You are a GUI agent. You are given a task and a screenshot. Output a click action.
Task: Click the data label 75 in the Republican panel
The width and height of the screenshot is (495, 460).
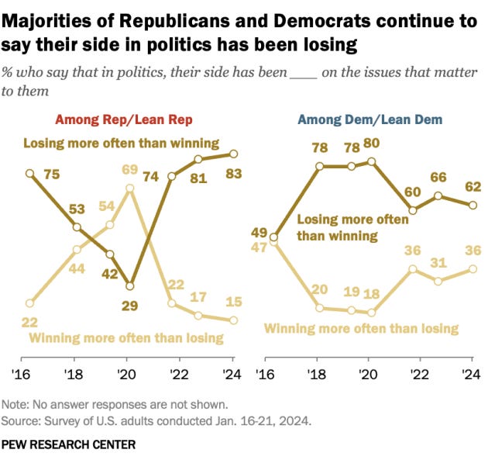pyautogui.click(x=52, y=175)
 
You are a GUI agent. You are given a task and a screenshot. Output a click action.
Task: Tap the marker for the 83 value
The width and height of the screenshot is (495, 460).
pyautogui.click(x=233, y=154)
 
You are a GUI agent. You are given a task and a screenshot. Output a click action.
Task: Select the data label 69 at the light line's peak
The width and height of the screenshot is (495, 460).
pyautogui.click(x=129, y=168)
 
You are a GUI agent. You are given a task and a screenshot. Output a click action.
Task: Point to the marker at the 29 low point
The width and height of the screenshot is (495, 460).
pyautogui.click(x=129, y=285)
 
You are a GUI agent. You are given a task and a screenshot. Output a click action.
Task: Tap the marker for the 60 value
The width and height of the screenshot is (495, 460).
pyautogui.click(x=414, y=209)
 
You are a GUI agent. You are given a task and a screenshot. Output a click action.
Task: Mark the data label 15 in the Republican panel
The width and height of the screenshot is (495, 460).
pyautogui.click(x=232, y=302)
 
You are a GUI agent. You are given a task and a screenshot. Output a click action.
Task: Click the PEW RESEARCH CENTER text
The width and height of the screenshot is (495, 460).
pyautogui.click(x=69, y=444)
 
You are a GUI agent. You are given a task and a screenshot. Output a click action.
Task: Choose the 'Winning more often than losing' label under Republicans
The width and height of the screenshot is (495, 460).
pyautogui.click(x=126, y=338)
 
